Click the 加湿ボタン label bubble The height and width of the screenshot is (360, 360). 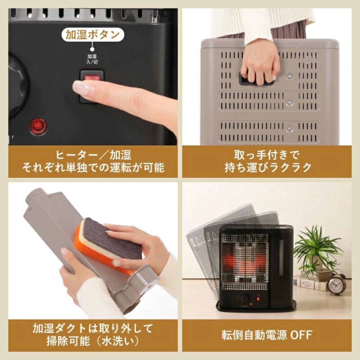[x=93, y=35]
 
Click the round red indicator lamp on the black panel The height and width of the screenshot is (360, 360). [x=38, y=126]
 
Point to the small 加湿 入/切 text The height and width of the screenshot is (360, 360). [x=92, y=59]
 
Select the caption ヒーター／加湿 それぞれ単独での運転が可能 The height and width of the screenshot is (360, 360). [x=93, y=161]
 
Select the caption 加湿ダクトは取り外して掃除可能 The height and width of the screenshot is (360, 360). [x=93, y=334]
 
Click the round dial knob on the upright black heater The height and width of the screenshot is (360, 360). [x=244, y=298]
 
